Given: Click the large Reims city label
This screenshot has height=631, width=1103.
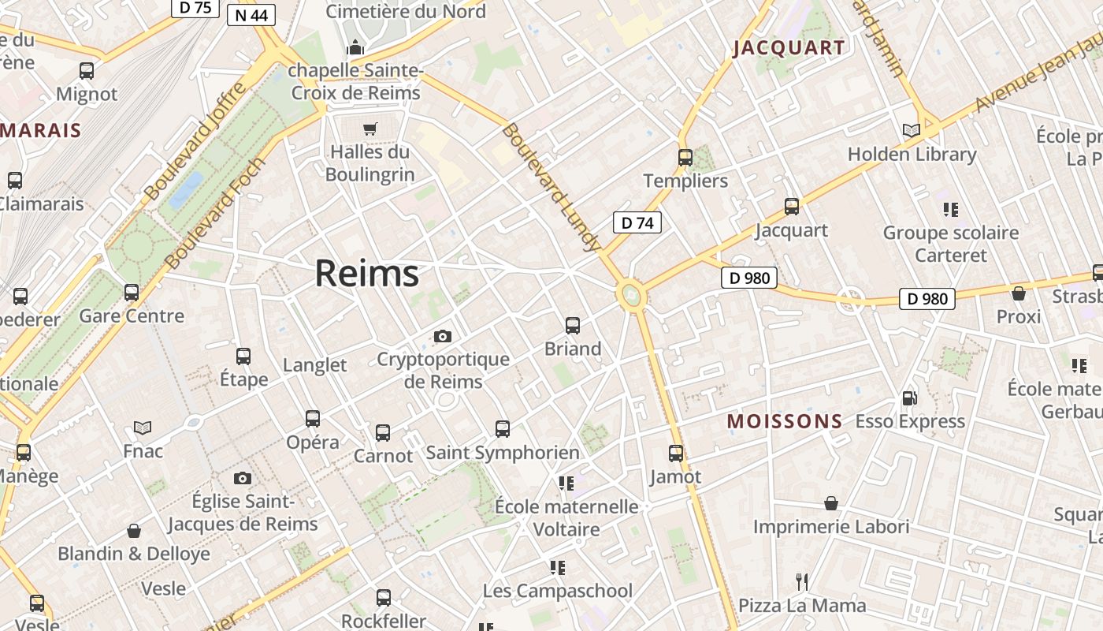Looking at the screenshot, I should pyautogui.click(x=367, y=274).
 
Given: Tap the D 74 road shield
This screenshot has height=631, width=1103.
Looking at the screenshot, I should pyautogui.click(x=637, y=222).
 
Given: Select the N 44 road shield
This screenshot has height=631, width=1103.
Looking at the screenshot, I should pyautogui.click(x=251, y=15).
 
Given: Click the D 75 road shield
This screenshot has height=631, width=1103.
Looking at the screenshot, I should pyautogui.click(x=195, y=7).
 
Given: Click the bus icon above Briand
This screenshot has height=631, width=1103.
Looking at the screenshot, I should pyautogui.click(x=573, y=325).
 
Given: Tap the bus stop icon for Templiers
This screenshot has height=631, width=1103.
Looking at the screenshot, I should pyautogui.click(x=685, y=157).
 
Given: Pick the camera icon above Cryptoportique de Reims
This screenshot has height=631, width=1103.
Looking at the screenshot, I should pyautogui.click(x=443, y=336).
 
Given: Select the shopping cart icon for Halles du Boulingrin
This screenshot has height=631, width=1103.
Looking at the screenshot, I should pyautogui.click(x=370, y=129).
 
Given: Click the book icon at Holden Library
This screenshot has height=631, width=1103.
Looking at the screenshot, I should pyautogui.click(x=912, y=130).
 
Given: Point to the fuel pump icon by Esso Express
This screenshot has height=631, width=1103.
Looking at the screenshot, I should pyautogui.click(x=909, y=398).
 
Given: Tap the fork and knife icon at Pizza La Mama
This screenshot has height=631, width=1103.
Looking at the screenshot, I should pyautogui.click(x=802, y=582).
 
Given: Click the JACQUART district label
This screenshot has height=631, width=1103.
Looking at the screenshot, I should pyautogui.click(x=789, y=48).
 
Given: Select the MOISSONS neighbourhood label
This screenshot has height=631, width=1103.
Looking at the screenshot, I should pyautogui.click(x=785, y=421).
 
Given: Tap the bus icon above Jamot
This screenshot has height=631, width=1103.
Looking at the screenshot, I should pyautogui.click(x=676, y=454).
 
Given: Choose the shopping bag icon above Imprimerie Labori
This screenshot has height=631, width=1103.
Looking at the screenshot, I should pyautogui.click(x=831, y=503).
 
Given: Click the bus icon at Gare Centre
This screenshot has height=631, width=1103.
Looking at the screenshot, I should pyautogui.click(x=132, y=293).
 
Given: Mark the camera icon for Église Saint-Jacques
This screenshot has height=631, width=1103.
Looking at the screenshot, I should pyautogui.click(x=243, y=478).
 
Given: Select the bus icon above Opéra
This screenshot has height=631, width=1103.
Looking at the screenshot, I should pyautogui.click(x=313, y=419).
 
